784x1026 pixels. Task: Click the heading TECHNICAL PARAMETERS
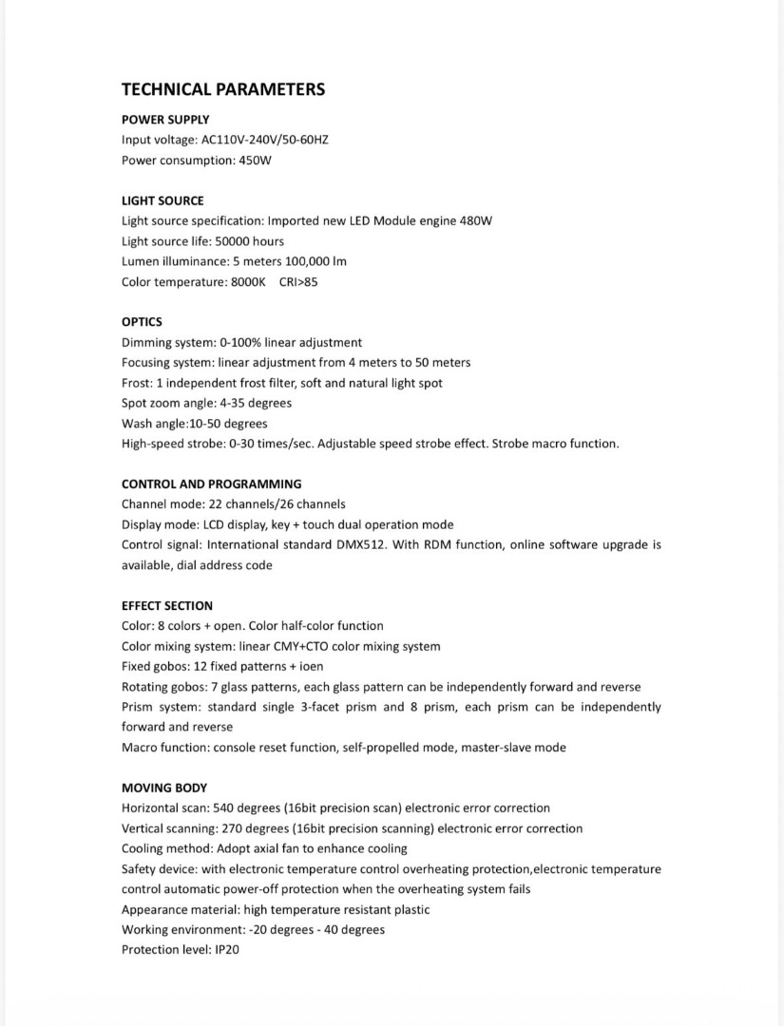point(223,89)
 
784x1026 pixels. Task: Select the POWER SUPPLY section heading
point(165,120)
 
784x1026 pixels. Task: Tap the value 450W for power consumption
point(256,161)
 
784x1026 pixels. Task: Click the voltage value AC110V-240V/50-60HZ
point(265,140)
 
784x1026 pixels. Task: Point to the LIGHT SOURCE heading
point(163,200)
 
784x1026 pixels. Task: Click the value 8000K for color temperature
point(248,282)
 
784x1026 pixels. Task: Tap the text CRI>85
point(298,282)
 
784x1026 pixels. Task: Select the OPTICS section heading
point(142,322)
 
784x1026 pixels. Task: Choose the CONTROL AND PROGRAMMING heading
point(211,484)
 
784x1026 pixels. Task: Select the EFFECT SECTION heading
point(167,605)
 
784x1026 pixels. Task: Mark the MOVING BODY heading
point(164,788)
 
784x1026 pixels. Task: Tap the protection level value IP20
point(226,950)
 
